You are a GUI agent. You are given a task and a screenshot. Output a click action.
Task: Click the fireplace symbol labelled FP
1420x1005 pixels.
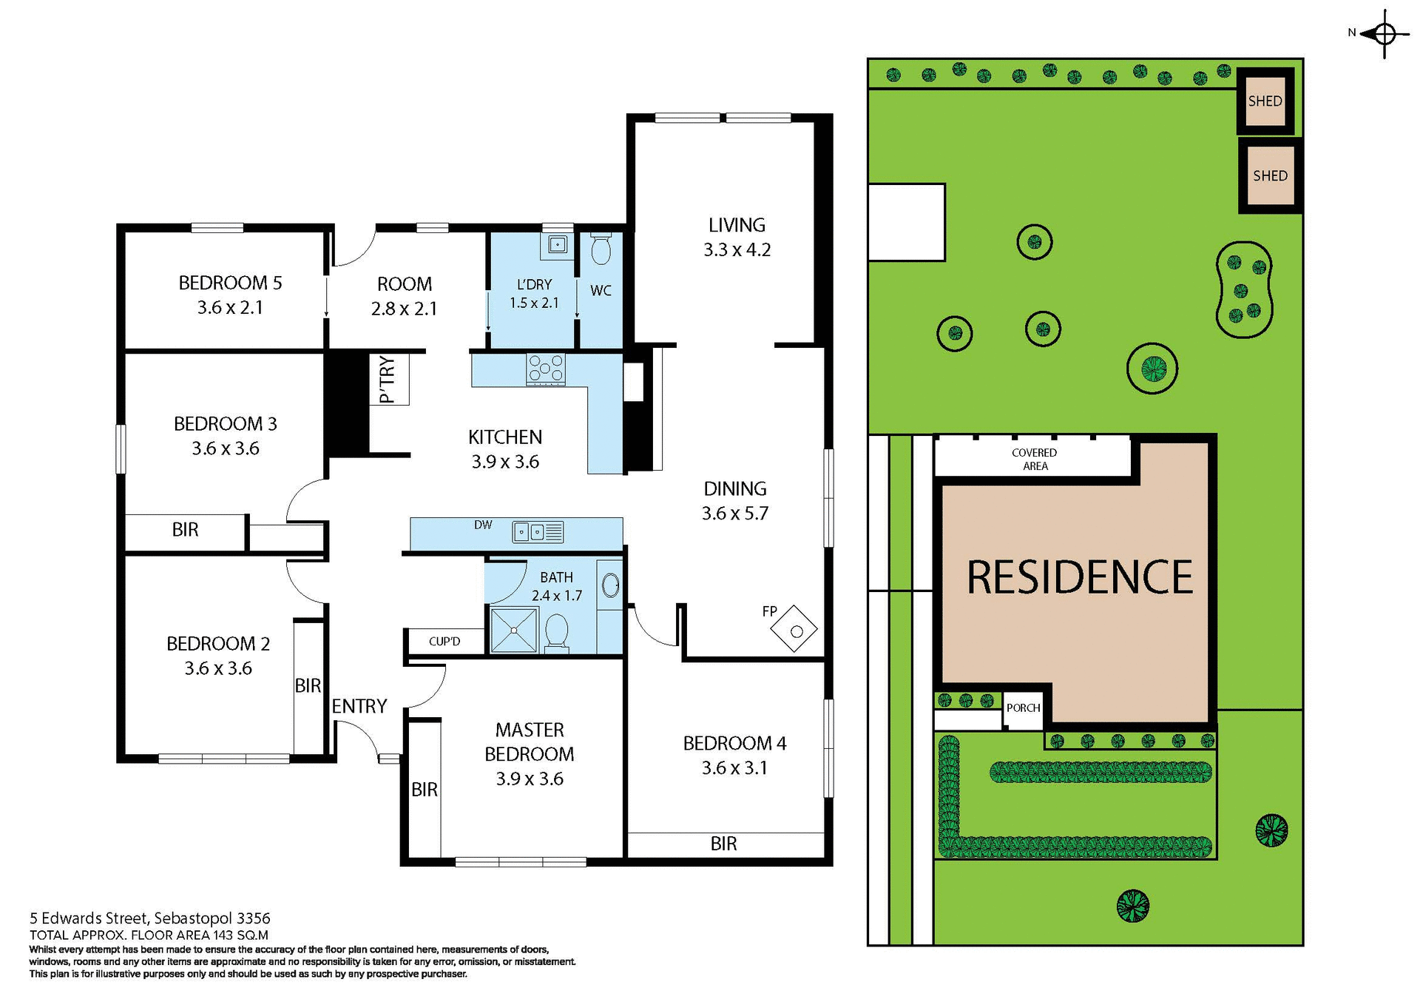click(794, 629)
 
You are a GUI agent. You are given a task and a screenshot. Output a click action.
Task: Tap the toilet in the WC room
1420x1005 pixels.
click(601, 249)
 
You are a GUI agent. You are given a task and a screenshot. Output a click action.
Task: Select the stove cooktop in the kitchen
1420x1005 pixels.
click(546, 369)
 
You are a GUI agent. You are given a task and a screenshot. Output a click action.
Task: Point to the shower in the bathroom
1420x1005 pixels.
click(514, 630)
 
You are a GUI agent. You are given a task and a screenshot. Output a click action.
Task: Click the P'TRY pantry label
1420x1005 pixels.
click(387, 380)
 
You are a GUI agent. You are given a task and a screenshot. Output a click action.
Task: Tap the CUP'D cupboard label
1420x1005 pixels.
click(444, 641)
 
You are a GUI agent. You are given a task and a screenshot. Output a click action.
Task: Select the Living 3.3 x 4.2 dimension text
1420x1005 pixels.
click(737, 250)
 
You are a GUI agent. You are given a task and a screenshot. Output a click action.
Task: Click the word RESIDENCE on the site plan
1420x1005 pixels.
click(1079, 578)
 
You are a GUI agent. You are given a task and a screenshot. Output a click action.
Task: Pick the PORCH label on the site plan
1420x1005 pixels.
click(1023, 708)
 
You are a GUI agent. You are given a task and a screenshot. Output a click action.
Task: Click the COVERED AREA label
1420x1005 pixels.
click(1035, 459)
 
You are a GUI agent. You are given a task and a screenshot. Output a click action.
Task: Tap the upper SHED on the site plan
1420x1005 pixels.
click(1265, 101)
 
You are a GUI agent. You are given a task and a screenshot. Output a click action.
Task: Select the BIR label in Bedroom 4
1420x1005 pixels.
click(723, 844)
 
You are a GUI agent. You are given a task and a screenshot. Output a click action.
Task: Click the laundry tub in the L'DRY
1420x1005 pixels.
click(557, 244)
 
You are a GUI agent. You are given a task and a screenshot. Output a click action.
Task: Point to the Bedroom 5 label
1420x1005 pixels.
click(230, 283)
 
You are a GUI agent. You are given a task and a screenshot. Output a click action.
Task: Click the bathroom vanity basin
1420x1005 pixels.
click(610, 585)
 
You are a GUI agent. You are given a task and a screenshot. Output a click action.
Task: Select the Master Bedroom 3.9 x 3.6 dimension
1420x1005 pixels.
click(530, 779)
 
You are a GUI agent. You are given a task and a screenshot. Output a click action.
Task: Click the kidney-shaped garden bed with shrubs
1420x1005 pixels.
click(1244, 289)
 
